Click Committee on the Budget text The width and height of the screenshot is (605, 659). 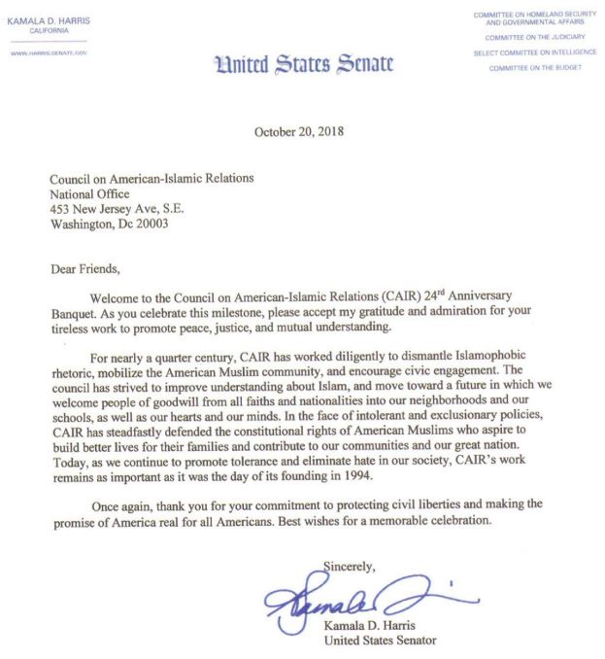535,67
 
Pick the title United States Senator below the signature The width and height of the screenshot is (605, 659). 380,640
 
